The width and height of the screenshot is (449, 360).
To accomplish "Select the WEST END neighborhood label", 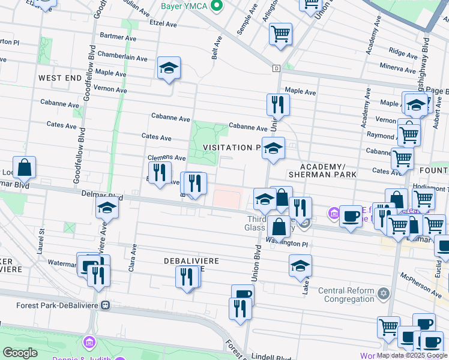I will pos(59,79).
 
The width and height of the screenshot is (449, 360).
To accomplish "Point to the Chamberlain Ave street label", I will pos(122,58).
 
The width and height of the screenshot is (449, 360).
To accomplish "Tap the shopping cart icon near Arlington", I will pos(280,35).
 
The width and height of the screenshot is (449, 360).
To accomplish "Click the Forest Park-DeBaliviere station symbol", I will pos(106,305).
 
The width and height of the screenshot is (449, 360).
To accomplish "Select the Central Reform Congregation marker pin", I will pos(383,294).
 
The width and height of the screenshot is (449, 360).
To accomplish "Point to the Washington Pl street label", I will pos(287,244).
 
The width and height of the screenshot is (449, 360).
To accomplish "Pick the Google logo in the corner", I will pos(20,353).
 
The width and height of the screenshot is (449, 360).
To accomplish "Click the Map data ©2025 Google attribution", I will pos(412,355).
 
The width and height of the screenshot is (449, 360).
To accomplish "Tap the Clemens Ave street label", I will pos(167,157).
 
